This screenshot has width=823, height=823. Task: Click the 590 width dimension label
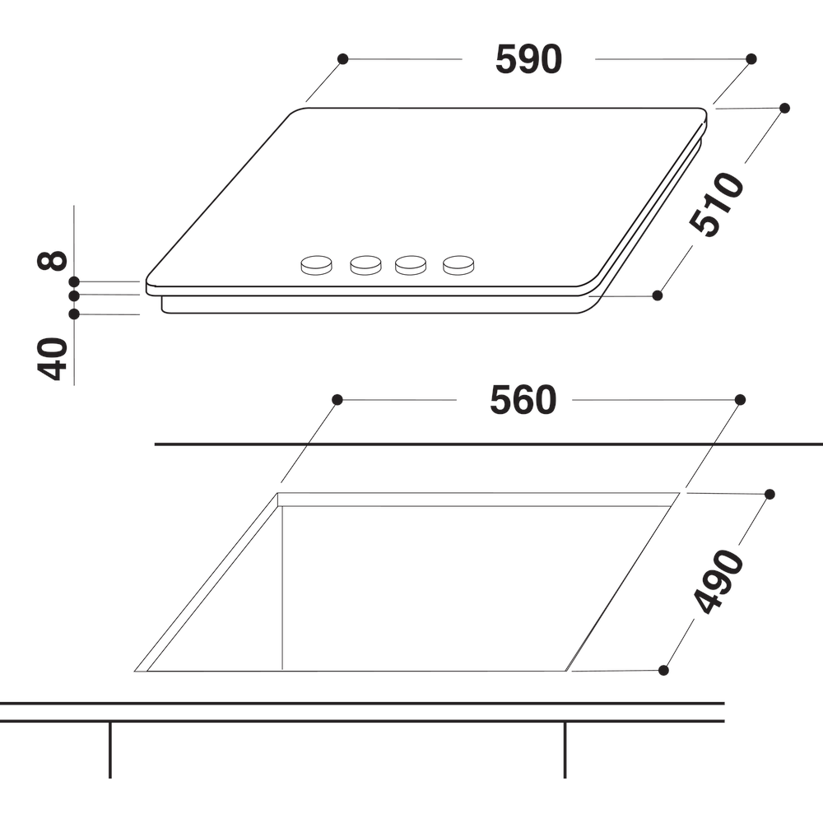click(x=528, y=59)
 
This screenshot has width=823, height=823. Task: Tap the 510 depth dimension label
click(x=717, y=203)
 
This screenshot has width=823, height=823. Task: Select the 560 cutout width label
click(x=523, y=400)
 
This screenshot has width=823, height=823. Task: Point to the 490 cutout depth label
click(x=718, y=581)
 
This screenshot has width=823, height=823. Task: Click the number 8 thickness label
click(x=53, y=260)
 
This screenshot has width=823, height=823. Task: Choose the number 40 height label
click(x=53, y=359)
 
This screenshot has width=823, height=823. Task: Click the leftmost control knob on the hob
click(x=317, y=265)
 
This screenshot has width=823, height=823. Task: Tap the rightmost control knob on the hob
click(x=458, y=265)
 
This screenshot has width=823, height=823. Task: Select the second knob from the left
click(x=366, y=265)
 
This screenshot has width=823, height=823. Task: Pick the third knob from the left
click(x=411, y=265)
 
